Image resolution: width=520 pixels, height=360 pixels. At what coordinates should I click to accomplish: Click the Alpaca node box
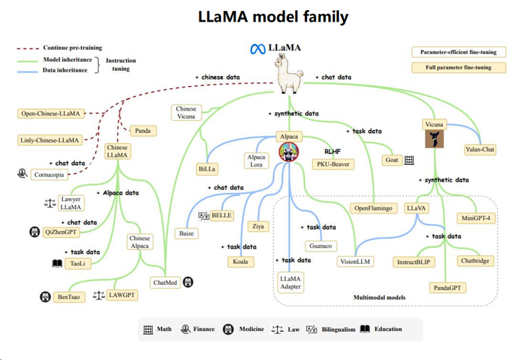coord(288,136)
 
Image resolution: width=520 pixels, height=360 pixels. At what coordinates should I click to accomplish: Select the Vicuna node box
coord(434,124)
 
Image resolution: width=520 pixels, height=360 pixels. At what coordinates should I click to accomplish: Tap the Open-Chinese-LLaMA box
coord(51,113)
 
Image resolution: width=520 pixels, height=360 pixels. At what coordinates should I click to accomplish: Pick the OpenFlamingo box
coord(374,208)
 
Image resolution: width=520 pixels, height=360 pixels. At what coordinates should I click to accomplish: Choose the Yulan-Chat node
coord(480,150)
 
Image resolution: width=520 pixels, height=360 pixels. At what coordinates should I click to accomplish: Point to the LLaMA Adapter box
coord(290,282)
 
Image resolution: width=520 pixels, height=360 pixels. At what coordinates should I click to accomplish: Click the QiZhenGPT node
coord(61,232)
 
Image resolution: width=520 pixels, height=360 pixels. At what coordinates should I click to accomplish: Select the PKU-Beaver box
coord(332,164)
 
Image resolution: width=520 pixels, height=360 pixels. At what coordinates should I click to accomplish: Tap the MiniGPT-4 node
coord(477,218)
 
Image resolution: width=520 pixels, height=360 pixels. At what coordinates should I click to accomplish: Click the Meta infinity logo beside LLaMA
coord(257,49)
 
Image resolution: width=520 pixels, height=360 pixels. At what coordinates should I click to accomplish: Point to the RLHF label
coord(331,152)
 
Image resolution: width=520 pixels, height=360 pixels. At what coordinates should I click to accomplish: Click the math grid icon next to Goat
coord(409,160)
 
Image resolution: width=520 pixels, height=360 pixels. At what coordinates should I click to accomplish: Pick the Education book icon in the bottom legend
coord(365,330)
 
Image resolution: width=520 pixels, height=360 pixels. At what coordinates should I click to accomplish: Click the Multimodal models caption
coord(378,297)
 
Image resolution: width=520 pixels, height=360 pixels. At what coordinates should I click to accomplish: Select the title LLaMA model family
coord(272,16)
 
